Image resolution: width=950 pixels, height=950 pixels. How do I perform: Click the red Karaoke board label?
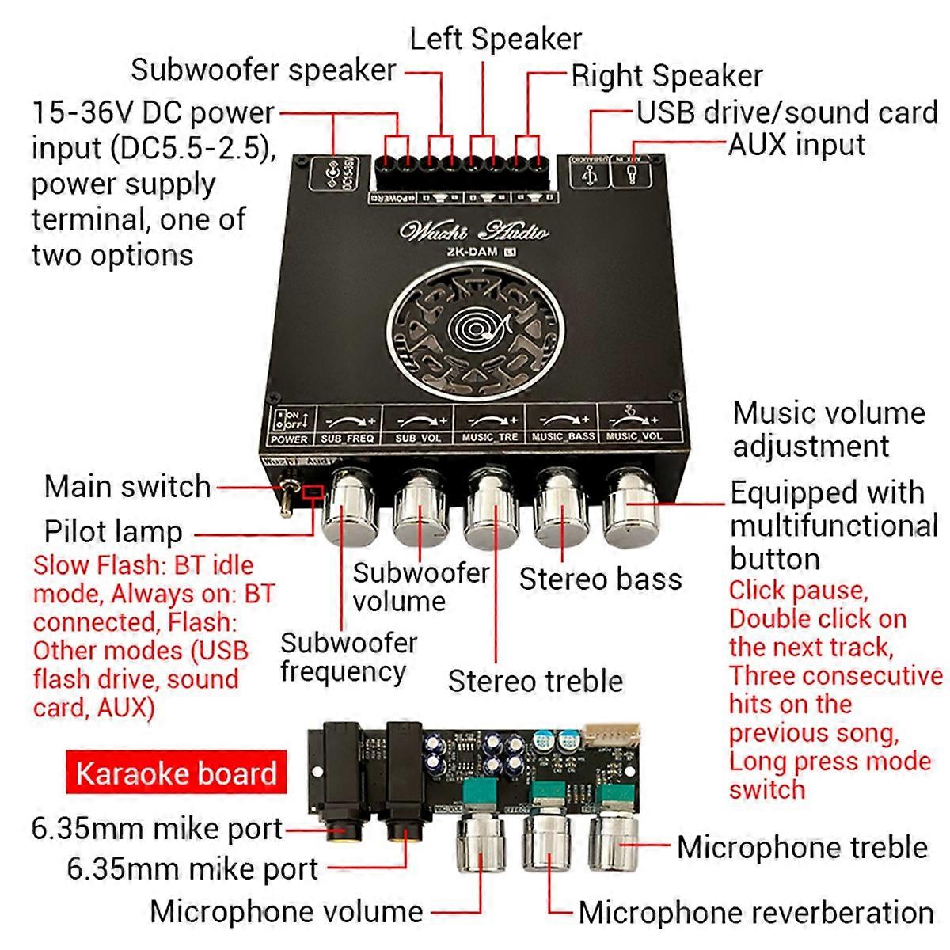[x=176, y=773]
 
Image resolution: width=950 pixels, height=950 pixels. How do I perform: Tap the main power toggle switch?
[x=284, y=499]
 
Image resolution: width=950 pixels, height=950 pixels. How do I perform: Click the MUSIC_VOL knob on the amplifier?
[x=632, y=505]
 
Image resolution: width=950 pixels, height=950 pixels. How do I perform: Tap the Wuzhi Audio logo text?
[x=473, y=230]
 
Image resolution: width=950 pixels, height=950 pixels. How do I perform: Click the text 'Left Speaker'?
[x=495, y=39]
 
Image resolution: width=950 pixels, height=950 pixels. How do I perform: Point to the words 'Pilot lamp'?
[x=113, y=532]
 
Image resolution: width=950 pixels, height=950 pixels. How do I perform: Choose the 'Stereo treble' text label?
[x=535, y=682]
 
